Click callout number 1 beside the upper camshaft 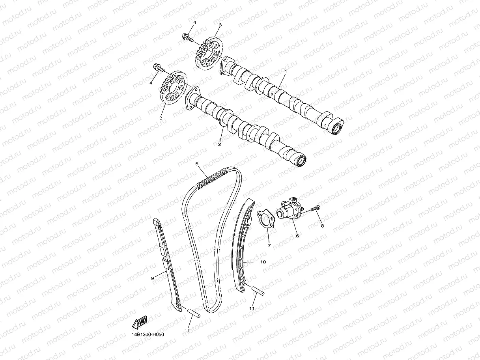pos(286,72)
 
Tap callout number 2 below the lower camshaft pos(220,144)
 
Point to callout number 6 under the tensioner pos(297,235)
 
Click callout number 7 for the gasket pos(269,245)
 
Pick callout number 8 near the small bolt pos(322,226)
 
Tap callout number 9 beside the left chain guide pos(152,278)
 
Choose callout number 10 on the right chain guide pos(263,262)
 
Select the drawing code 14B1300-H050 pos(148,335)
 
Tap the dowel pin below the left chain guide pos(195,313)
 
